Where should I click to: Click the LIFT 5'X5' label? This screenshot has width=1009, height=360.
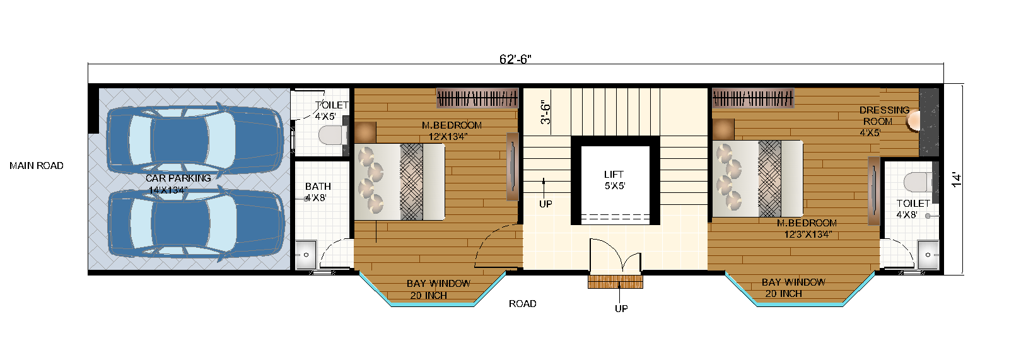point(614,180)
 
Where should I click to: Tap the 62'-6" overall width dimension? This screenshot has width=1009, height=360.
point(515,59)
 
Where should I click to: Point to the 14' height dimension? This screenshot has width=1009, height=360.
point(957,180)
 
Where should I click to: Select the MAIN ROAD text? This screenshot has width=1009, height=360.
point(37,166)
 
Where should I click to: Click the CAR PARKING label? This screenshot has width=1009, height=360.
point(178,178)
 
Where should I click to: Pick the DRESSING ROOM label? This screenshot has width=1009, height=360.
point(884,115)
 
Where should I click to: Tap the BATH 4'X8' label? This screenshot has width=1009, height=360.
point(317,192)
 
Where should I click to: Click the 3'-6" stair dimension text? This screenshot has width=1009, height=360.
point(546,112)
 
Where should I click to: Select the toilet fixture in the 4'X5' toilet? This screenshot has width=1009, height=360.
point(332,135)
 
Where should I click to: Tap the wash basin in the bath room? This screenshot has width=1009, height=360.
point(306,254)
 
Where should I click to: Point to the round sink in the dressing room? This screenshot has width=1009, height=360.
point(913,120)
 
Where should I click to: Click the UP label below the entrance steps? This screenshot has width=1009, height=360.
point(621,308)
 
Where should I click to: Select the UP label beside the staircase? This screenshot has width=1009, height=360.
point(545,204)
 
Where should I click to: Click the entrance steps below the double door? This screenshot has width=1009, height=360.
point(615,281)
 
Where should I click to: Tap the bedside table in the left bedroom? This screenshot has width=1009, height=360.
point(365,132)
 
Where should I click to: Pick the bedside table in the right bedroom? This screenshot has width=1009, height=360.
point(723,129)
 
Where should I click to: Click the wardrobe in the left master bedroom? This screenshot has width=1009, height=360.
point(477,98)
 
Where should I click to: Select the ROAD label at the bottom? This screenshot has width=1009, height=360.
point(523,304)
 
